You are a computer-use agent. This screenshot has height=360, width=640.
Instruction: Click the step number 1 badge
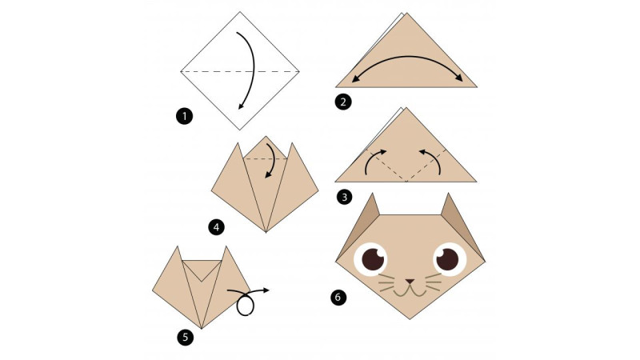coord(184,116)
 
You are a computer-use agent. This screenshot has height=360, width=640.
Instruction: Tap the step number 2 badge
coord(343,102)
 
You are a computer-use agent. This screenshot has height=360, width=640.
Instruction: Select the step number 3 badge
coord(345,198)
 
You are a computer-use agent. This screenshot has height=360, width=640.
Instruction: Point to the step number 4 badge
coord(216,227)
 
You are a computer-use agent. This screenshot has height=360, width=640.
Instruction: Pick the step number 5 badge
coord(186,338)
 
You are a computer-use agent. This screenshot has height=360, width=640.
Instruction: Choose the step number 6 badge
coord(338,297)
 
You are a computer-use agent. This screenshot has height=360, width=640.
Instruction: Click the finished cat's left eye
coord(370,259)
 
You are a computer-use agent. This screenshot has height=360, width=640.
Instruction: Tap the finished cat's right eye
coord(450,258)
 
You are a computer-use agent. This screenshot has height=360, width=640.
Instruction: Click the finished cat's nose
coord(410,282)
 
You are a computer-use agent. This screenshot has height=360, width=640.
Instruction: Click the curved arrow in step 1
coord(253,70)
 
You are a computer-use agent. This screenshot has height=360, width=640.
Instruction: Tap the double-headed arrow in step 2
coord(407,57)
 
